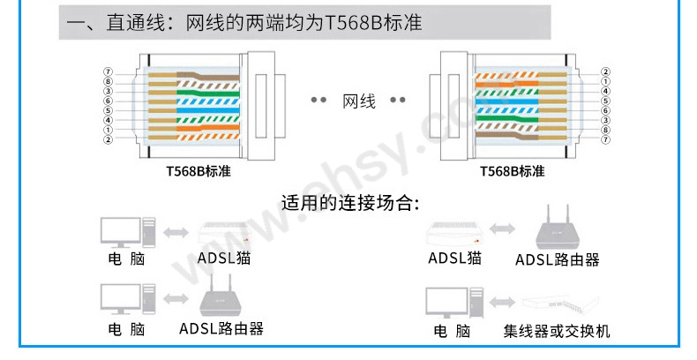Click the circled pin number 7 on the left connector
(x=108, y=71)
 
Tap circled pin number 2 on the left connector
(x=108, y=139)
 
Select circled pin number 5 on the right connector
(x=606, y=101)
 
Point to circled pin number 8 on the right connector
(x=606, y=130)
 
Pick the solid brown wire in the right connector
(x=512, y=139)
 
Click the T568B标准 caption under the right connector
(x=512, y=170)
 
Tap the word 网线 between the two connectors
(x=359, y=101)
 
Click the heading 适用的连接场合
(x=348, y=202)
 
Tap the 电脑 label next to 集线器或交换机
(x=452, y=332)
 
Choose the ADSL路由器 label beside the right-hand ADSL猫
(x=557, y=259)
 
